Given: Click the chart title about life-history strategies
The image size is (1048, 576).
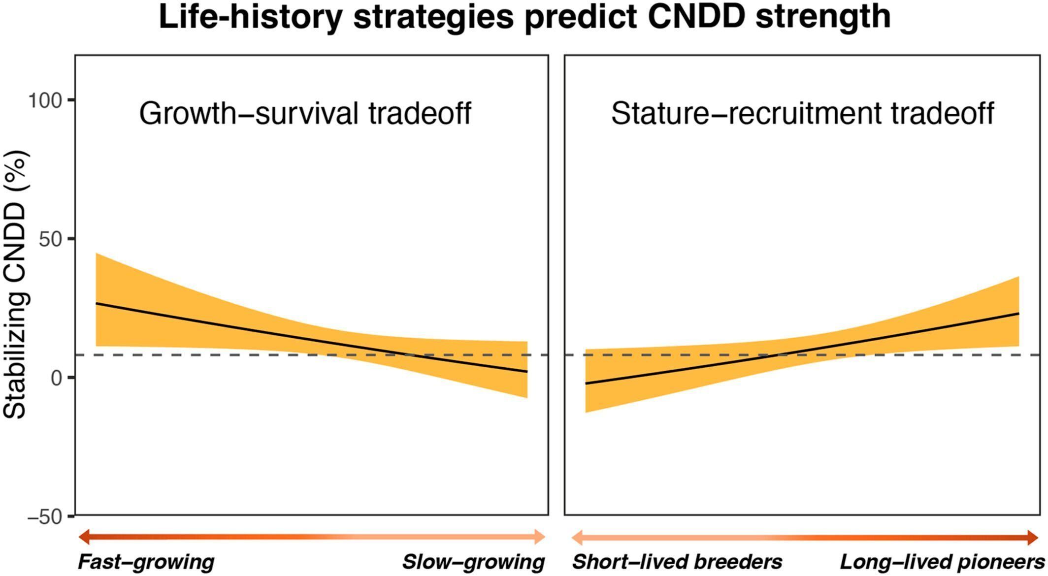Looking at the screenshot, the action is click(525, 17).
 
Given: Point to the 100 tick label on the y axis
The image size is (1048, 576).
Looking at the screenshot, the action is click(45, 100).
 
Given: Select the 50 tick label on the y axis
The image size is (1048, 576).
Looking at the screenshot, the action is click(51, 239).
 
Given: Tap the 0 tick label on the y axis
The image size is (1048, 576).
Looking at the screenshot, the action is click(57, 378).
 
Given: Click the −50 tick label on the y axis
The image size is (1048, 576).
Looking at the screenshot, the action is click(45, 516).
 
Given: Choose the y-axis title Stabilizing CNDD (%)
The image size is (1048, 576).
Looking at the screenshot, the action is click(15, 285).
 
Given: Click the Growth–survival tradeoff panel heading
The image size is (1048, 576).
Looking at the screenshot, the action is click(305, 113).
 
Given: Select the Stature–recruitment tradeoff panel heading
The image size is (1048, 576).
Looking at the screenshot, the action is click(803, 113).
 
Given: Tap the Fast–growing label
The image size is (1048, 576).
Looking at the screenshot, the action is click(146, 562).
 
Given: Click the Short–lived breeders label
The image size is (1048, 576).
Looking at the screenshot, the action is click(677, 562).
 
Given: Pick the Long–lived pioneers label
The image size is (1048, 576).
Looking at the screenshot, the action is click(942, 562).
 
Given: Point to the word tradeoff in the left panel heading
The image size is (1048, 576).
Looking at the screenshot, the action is click(420, 113).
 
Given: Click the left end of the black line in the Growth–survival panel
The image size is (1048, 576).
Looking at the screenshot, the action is click(96, 303).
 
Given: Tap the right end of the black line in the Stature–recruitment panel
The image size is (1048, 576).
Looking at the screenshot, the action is click(1018, 313).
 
